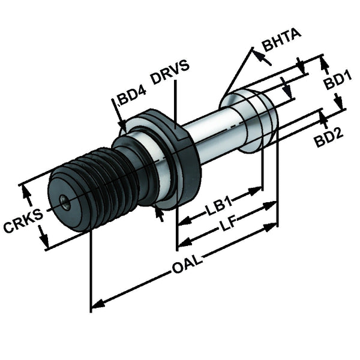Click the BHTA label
[x=281, y=40]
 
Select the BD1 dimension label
[x=338, y=81]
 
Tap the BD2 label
[x=329, y=137]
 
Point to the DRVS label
[x=170, y=72]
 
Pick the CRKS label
[x=23, y=220]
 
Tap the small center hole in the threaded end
[x=65, y=202]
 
